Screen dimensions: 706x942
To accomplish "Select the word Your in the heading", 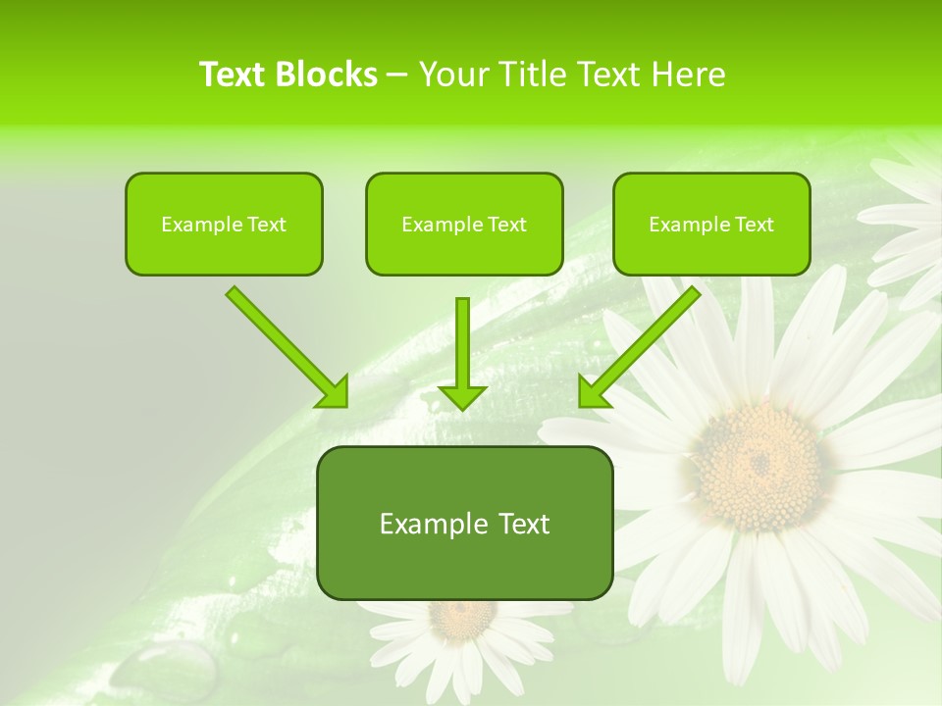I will pyautogui.click(x=454, y=75).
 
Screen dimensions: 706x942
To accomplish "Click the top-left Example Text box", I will pyautogui.click(x=224, y=224).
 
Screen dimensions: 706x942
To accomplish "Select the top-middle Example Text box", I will pyautogui.click(x=464, y=224).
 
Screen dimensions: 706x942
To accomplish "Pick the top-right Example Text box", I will pyautogui.click(x=711, y=224).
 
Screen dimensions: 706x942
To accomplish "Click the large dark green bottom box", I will pyautogui.click(x=464, y=523).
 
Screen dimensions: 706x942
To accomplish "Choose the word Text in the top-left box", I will pyautogui.click(x=266, y=225).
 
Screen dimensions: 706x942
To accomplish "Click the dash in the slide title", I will pyautogui.click(x=397, y=76).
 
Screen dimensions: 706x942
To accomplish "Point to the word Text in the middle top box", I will pyautogui.click(x=506, y=225).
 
